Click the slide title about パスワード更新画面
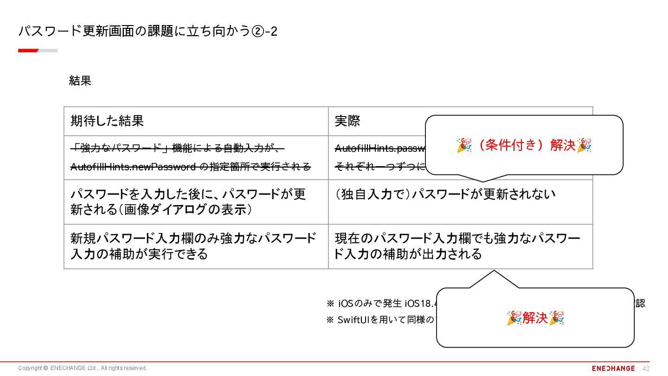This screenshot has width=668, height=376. point(148,31)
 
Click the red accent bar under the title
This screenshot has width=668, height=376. point(28,50)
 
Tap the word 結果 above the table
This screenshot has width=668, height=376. point(80,81)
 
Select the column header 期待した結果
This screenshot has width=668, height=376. point(107,121)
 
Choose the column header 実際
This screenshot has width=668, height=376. point(347,121)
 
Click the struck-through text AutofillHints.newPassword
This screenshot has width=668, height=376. point(133,167)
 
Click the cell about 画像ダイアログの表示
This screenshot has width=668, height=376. point(188,201)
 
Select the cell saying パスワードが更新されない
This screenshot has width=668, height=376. point(445,194)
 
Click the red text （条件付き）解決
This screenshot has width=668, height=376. point(524,145)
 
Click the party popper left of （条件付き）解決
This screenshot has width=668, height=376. point(464,145)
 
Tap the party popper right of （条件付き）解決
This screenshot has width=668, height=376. point(584,145)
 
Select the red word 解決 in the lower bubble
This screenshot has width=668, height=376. point(535,318)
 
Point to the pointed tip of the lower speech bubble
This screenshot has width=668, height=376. point(494,272)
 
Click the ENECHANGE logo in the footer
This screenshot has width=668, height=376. point(613,368)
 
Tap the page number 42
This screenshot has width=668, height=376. point(646,369)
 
